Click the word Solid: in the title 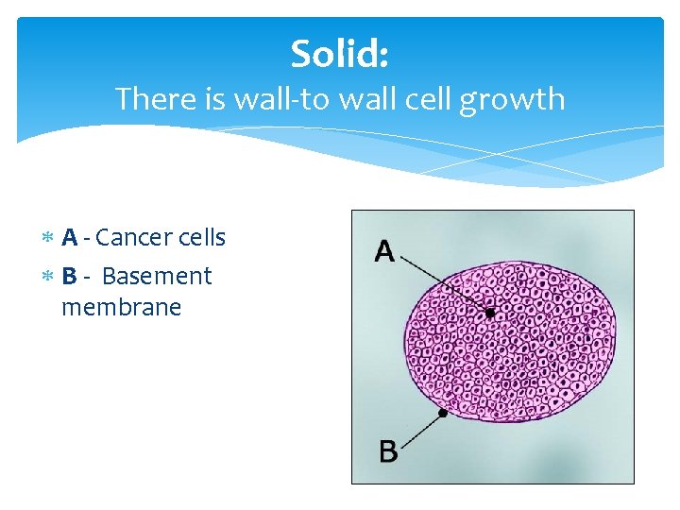(x=339, y=54)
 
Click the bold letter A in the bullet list (x=69, y=238)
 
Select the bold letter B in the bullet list (x=69, y=277)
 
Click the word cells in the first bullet (x=199, y=238)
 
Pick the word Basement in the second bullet (x=157, y=277)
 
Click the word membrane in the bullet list (x=121, y=308)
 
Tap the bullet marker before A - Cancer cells (x=49, y=239)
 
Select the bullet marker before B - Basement (x=49, y=278)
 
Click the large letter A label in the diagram (x=384, y=251)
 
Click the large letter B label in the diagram (x=388, y=451)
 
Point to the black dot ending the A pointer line (x=489, y=312)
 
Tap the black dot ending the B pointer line (x=442, y=413)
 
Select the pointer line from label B (x=421, y=430)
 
